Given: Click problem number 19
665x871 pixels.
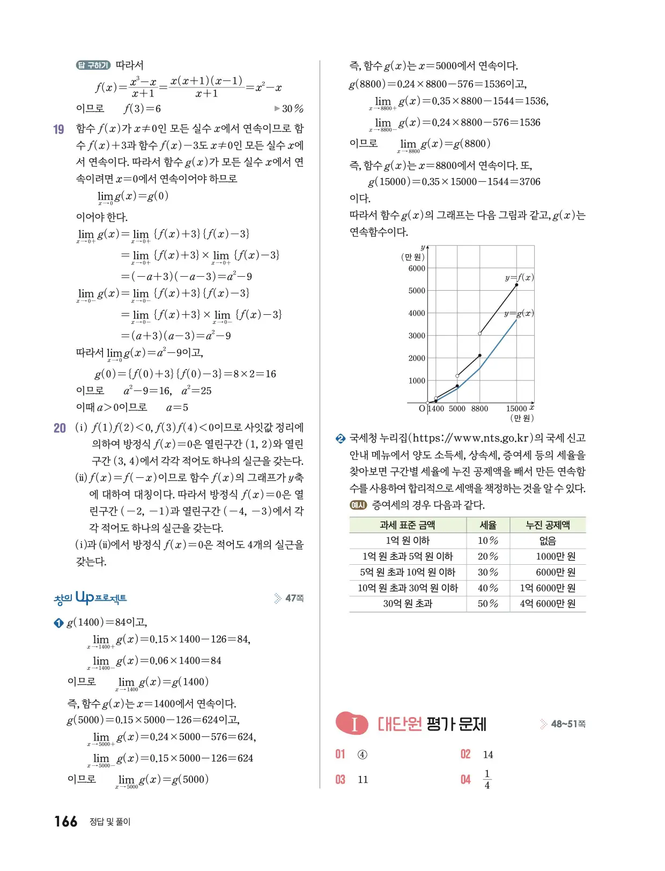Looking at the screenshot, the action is pyautogui.click(x=59, y=129).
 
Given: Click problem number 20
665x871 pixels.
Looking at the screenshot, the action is pyautogui.click(x=60, y=428).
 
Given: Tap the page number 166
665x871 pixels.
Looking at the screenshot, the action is pyautogui.click(x=65, y=822).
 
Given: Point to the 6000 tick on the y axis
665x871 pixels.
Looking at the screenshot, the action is pyautogui.click(x=417, y=268).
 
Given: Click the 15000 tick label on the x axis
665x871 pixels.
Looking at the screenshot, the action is pyautogui.click(x=517, y=409).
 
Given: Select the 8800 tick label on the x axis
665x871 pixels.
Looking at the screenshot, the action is pyautogui.click(x=479, y=409).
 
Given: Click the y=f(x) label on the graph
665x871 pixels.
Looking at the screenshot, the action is pyautogui.click(x=519, y=277).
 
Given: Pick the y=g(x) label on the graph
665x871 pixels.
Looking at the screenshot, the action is pyautogui.click(x=519, y=313).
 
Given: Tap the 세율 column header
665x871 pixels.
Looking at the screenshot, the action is pyautogui.click(x=487, y=525).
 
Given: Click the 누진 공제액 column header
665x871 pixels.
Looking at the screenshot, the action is pyautogui.click(x=548, y=525).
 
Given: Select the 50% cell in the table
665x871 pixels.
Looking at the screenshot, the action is pyautogui.click(x=487, y=604).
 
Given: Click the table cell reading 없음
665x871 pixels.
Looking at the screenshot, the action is pyautogui.click(x=548, y=541).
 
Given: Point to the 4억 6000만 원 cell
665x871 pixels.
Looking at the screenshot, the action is pyautogui.click(x=548, y=604).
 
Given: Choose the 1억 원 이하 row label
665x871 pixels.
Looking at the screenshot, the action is pyautogui.click(x=408, y=541).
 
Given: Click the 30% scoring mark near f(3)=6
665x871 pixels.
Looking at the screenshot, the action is pyautogui.click(x=290, y=109).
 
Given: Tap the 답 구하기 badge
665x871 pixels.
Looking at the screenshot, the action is pyautogui.click(x=93, y=65).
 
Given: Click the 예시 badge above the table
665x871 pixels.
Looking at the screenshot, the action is pyautogui.click(x=358, y=505).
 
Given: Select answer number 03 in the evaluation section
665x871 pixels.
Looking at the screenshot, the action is pyautogui.click(x=341, y=779).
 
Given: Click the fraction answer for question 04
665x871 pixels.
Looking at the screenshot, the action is pyautogui.click(x=487, y=779).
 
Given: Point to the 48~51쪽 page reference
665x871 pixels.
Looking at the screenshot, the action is pyautogui.click(x=568, y=724).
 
